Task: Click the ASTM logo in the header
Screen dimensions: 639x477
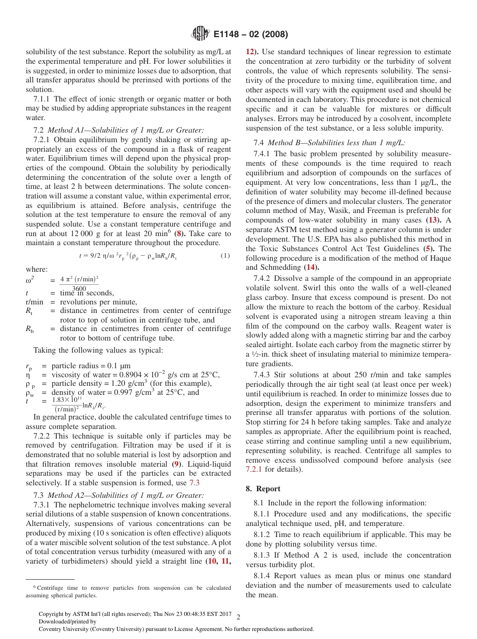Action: click(200, 34)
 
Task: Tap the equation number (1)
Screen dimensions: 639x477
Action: click(225, 256)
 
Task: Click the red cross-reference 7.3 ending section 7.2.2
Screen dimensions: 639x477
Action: click(194, 483)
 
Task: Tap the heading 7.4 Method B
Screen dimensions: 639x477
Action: click(329, 143)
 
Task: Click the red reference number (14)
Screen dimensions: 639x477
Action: click(311, 267)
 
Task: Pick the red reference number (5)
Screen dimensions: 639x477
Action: click(428, 248)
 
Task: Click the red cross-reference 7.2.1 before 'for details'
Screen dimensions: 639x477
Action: click(254, 469)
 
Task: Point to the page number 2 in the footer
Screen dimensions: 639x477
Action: click(238, 617)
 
